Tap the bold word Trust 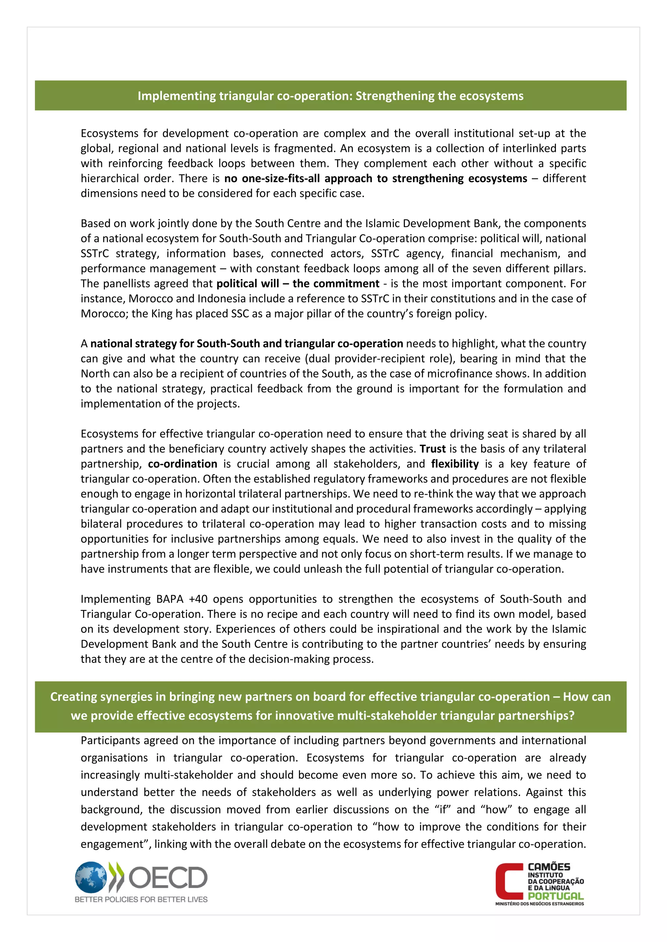433,449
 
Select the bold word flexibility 455,464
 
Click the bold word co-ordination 182,464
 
